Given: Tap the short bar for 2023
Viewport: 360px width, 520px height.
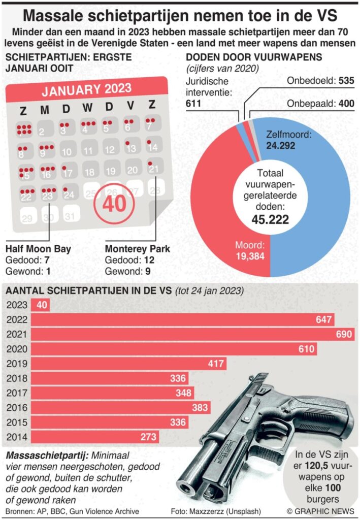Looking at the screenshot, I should [40, 305].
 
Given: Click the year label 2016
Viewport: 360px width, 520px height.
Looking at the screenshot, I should [17, 407].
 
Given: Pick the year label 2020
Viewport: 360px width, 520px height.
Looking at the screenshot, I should [17, 349].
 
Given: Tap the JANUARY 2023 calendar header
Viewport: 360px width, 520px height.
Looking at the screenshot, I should [86, 91].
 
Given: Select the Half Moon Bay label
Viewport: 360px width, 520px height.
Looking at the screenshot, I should [38, 249].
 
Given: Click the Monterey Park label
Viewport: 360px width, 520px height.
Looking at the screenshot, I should [137, 249].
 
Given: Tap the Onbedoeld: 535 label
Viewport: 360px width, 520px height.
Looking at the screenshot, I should [320, 81].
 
